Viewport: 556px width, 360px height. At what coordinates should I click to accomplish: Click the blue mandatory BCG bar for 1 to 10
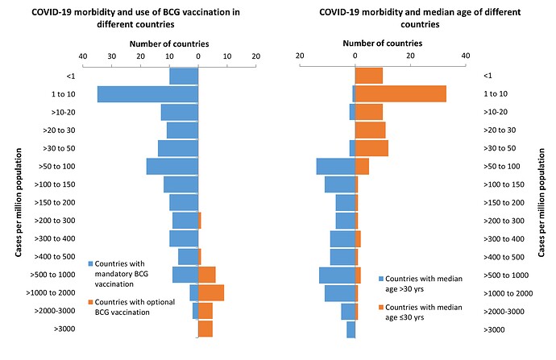pos(147,94)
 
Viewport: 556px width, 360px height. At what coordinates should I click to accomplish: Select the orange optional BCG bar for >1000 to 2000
pos(211,292)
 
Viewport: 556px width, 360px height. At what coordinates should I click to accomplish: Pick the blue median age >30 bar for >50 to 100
pos(336,166)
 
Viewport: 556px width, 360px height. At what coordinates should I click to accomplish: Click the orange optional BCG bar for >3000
pos(205,329)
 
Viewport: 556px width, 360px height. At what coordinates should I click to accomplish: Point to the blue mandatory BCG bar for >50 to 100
pos(172,166)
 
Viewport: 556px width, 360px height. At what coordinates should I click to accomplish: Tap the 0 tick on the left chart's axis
pos(198,56)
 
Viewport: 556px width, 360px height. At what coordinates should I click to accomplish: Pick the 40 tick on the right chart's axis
pos(465,56)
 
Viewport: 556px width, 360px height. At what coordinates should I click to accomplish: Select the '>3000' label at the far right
pos(494,329)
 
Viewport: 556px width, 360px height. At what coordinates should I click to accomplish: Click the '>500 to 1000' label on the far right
pos(505,275)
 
